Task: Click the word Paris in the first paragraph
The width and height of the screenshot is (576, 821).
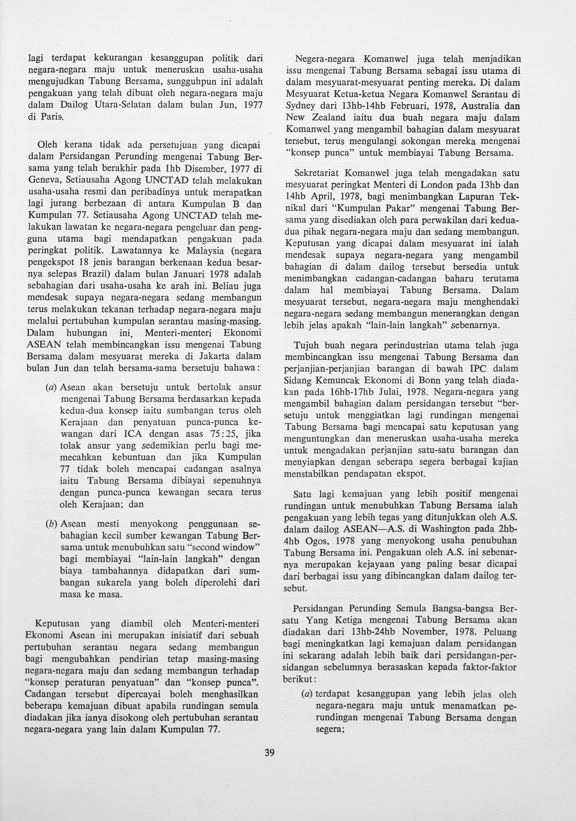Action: click(x=54, y=117)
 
